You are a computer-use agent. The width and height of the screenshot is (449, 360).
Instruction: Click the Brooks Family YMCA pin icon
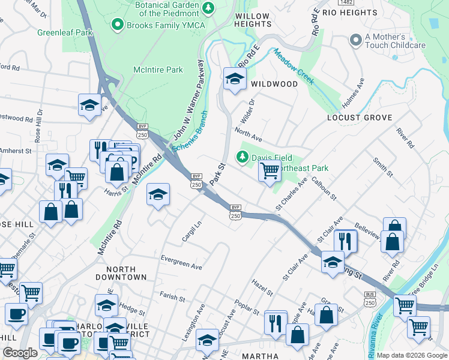pyautogui.click(x=117, y=25)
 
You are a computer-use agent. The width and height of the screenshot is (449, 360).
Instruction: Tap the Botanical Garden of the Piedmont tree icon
pyautogui.click(x=208, y=8)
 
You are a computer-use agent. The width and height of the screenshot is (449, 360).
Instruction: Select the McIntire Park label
pyautogui.click(x=158, y=70)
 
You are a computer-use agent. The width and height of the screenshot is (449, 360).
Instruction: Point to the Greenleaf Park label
pyautogui.click(x=65, y=32)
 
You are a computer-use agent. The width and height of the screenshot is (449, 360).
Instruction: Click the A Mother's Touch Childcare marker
pyautogui.click(x=355, y=40)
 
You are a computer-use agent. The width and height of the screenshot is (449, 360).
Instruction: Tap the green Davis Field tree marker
pyautogui.click(x=242, y=157)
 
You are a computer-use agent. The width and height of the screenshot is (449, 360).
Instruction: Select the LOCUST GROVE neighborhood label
pyautogui.click(x=359, y=118)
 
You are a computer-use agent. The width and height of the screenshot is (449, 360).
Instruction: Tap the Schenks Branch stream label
pyautogui.click(x=190, y=132)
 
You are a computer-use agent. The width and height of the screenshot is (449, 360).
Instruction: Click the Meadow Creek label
pyautogui.click(x=293, y=67)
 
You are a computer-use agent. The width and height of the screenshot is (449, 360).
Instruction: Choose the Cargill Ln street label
pyautogui.click(x=191, y=231)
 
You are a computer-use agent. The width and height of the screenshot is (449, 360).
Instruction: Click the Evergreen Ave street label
pyautogui.click(x=181, y=262)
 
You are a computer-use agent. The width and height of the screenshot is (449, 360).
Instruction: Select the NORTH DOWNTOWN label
pyautogui.click(x=126, y=274)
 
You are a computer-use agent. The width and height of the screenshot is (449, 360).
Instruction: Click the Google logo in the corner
pyautogui.click(x=20, y=353)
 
